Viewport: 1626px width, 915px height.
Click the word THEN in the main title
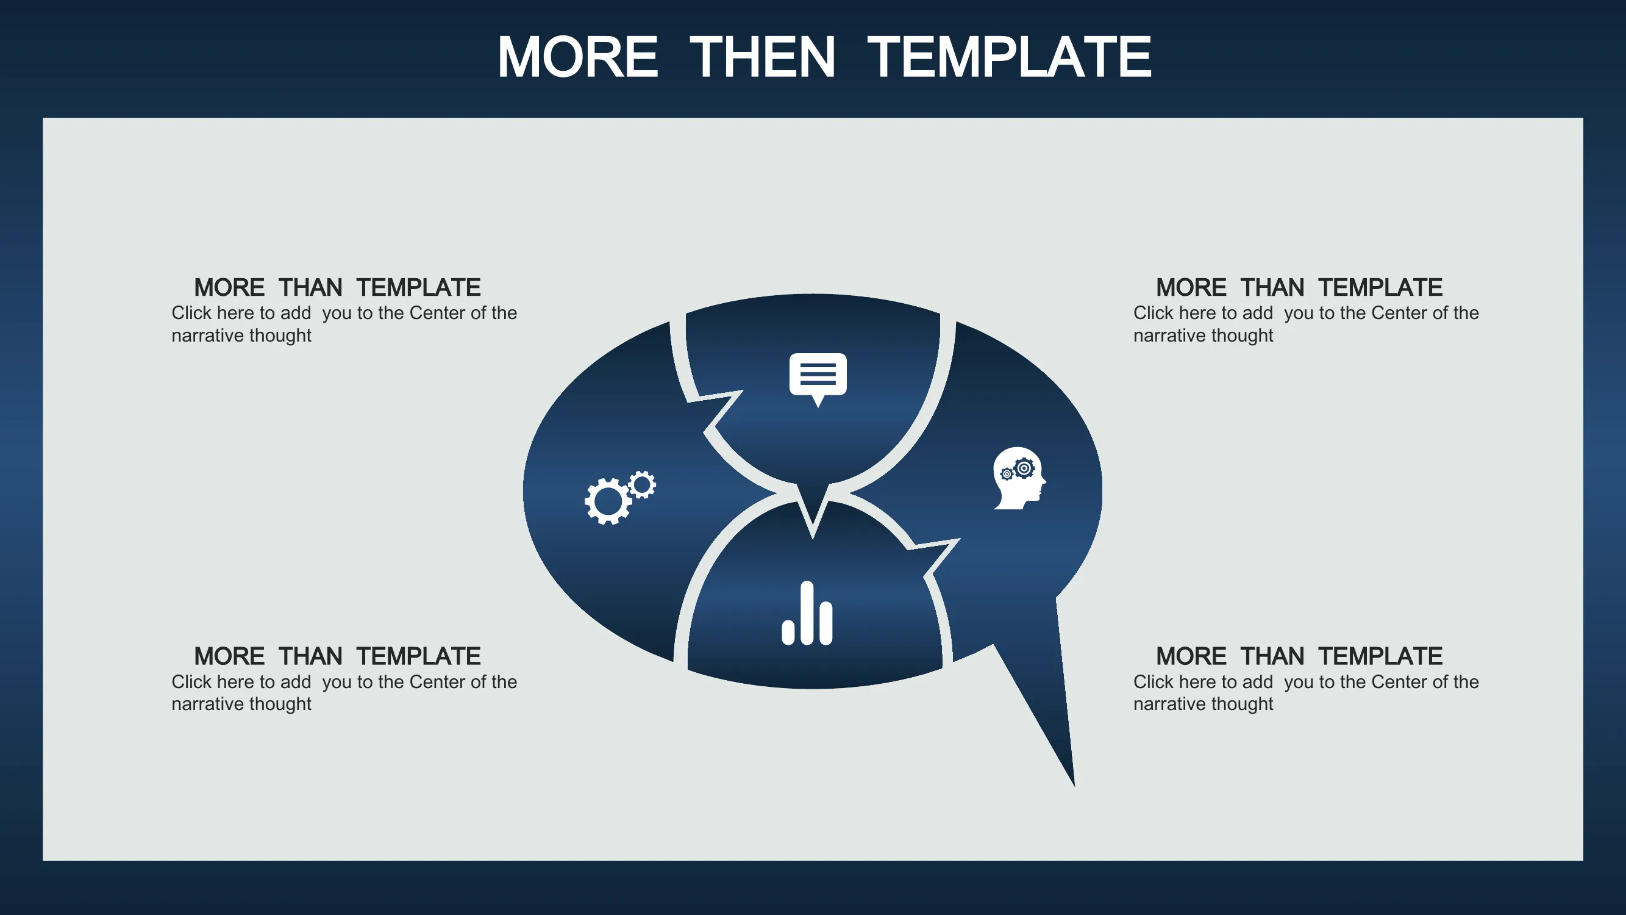[763, 57]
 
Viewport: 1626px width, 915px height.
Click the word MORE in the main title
[577, 57]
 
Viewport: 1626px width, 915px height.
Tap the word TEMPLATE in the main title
[1009, 57]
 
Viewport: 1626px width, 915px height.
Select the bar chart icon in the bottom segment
[807, 613]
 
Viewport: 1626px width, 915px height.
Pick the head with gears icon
[1019, 478]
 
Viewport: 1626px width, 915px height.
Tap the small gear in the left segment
[643, 485]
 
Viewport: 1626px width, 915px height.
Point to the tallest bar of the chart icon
[807, 613]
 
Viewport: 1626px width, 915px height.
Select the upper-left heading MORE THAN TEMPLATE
[337, 287]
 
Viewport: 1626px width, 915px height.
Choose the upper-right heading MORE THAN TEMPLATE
[1299, 287]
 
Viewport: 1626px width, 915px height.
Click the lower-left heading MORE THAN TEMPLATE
[337, 656]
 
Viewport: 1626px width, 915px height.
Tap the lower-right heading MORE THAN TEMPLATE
[1299, 656]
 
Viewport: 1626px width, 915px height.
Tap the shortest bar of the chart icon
[788, 632]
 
